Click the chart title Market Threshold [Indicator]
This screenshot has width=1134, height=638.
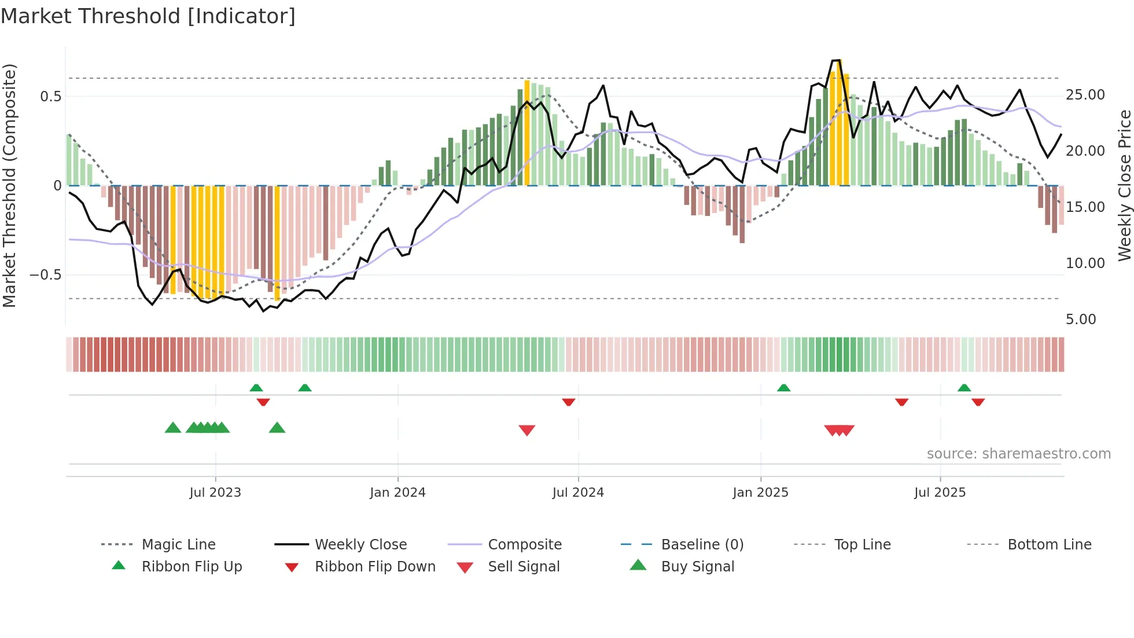tap(148, 16)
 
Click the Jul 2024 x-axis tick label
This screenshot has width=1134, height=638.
tap(578, 492)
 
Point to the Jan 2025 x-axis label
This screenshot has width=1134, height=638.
tap(760, 492)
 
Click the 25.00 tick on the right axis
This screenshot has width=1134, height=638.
tap(1085, 95)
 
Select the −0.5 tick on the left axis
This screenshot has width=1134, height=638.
tap(46, 274)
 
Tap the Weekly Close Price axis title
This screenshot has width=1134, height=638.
tap(1124, 185)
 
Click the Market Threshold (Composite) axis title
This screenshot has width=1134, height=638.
tap(9, 185)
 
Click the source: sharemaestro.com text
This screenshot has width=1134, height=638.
tap(1018, 453)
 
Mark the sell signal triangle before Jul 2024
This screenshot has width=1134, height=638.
tap(526, 430)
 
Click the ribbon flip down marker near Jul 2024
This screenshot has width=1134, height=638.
tap(568, 402)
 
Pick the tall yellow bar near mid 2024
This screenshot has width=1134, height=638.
tap(527, 133)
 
